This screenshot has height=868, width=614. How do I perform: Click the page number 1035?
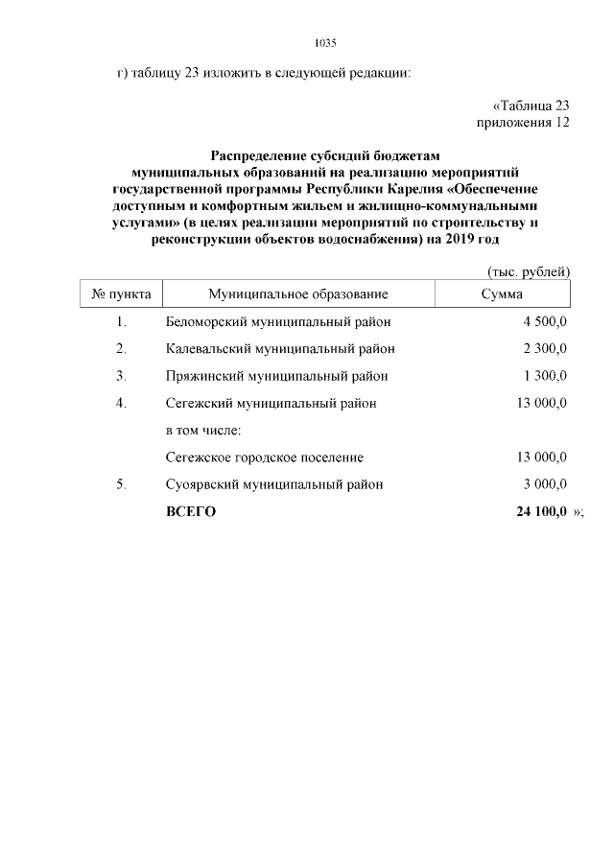click(x=325, y=43)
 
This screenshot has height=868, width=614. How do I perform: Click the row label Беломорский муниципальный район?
click(x=278, y=321)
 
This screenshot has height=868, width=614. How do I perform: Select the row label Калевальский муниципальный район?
click(x=280, y=348)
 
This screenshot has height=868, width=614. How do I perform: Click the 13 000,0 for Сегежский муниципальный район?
click(x=541, y=403)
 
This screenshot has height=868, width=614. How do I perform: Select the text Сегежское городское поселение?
click(x=265, y=457)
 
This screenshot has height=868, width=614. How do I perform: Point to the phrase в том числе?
click(x=202, y=430)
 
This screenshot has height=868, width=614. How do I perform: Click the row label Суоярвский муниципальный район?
click(x=274, y=484)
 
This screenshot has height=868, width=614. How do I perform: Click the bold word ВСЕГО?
click(x=191, y=512)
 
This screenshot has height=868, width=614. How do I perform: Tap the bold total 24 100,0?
click(x=541, y=512)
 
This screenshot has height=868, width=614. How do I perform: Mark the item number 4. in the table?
click(x=121, y=403)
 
